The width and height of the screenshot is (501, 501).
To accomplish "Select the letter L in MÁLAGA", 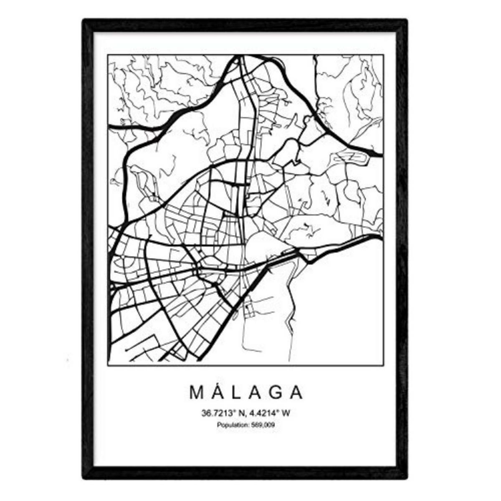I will (x=237, y=392).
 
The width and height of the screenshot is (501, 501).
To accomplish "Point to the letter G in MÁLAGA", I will (x=275, y=392).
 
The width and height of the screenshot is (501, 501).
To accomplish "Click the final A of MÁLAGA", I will (x=296, y=392).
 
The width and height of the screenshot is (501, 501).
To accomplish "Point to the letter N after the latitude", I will (x=240, y=414).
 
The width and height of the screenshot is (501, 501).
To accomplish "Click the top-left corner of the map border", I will (x=108, y=55).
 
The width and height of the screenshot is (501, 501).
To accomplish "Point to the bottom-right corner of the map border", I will (x=384, y=366).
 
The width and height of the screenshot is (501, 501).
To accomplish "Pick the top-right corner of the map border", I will (x=384, y=55).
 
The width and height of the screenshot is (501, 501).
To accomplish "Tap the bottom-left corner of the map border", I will (x=108, y=366).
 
